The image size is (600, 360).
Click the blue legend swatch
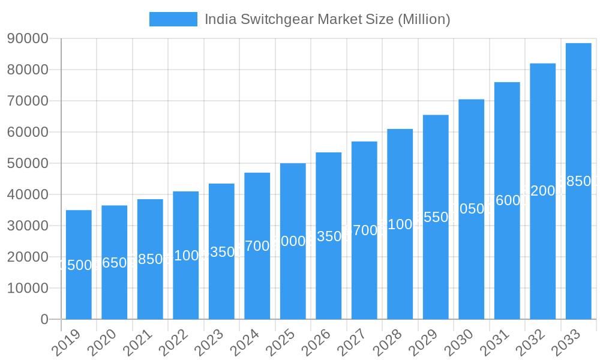173,19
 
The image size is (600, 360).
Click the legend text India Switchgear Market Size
327,19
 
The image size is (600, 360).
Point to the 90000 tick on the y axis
28,38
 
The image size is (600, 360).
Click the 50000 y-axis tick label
28,163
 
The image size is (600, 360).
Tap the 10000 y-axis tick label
28,288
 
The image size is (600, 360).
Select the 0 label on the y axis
44,319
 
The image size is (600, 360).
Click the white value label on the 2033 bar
578,181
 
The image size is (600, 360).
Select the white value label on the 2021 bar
150,259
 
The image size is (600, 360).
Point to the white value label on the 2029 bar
436,217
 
